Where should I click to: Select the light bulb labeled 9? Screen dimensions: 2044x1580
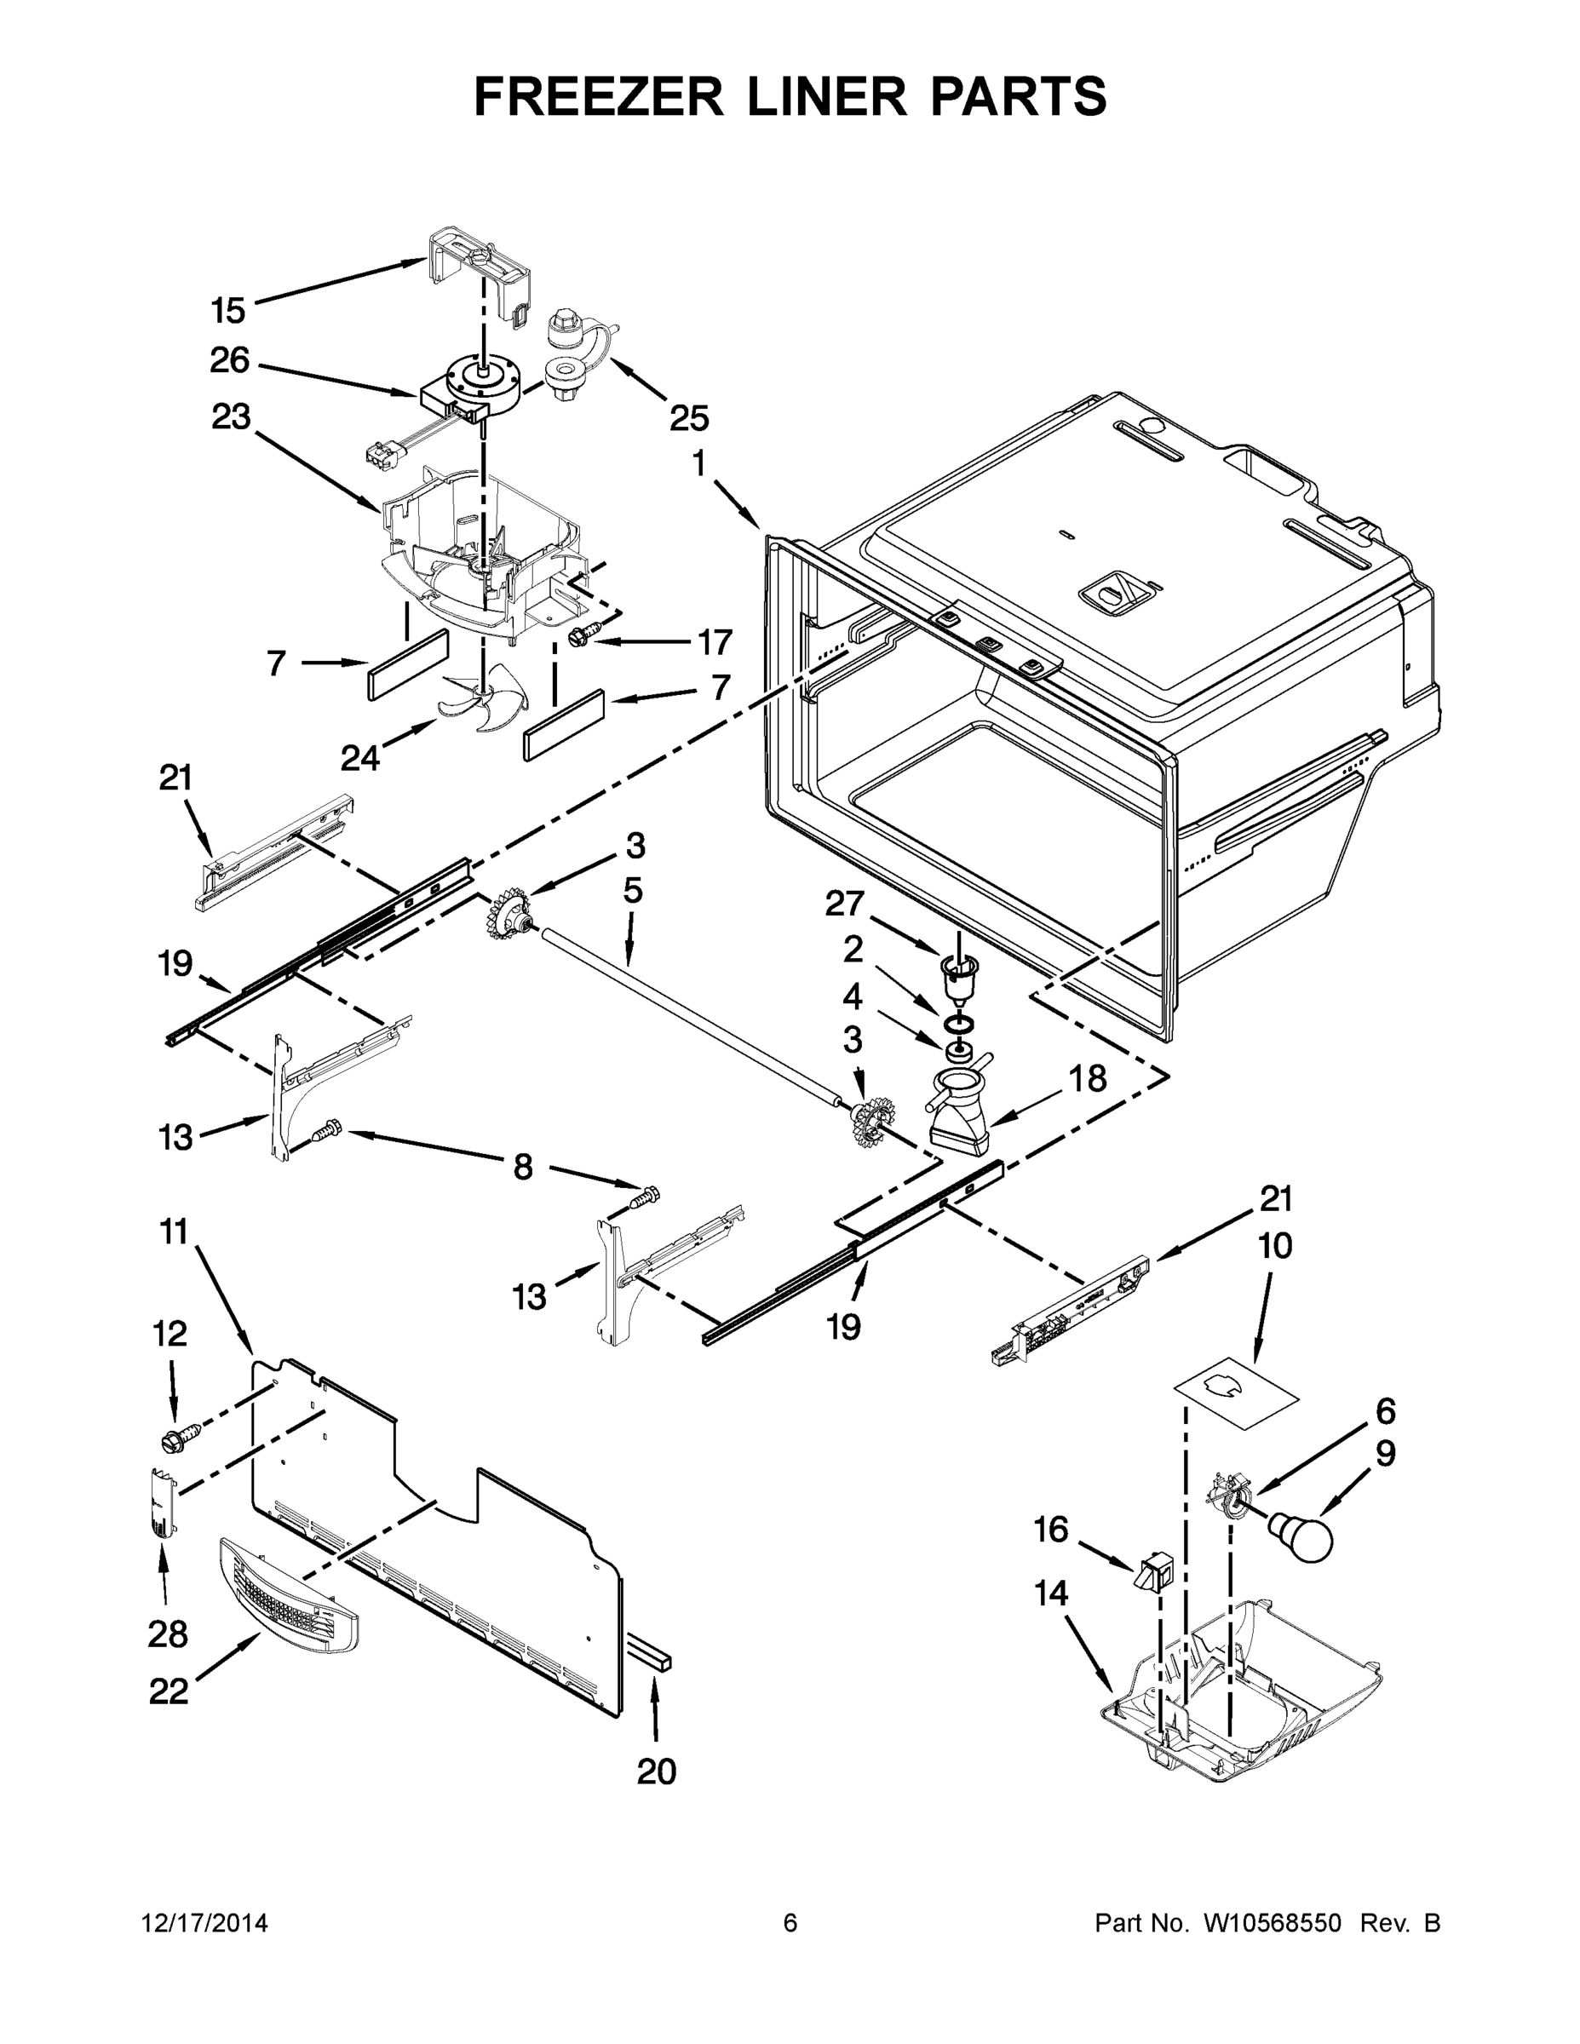(1302, 1536)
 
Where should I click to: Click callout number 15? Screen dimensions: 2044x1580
(227, 310)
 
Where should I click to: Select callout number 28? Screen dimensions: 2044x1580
(168, 1634)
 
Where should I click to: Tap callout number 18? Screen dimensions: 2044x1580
(1087, 1078)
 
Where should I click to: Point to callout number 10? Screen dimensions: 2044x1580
(1275, 1245)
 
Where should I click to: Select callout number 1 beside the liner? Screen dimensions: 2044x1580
(699, 463)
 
